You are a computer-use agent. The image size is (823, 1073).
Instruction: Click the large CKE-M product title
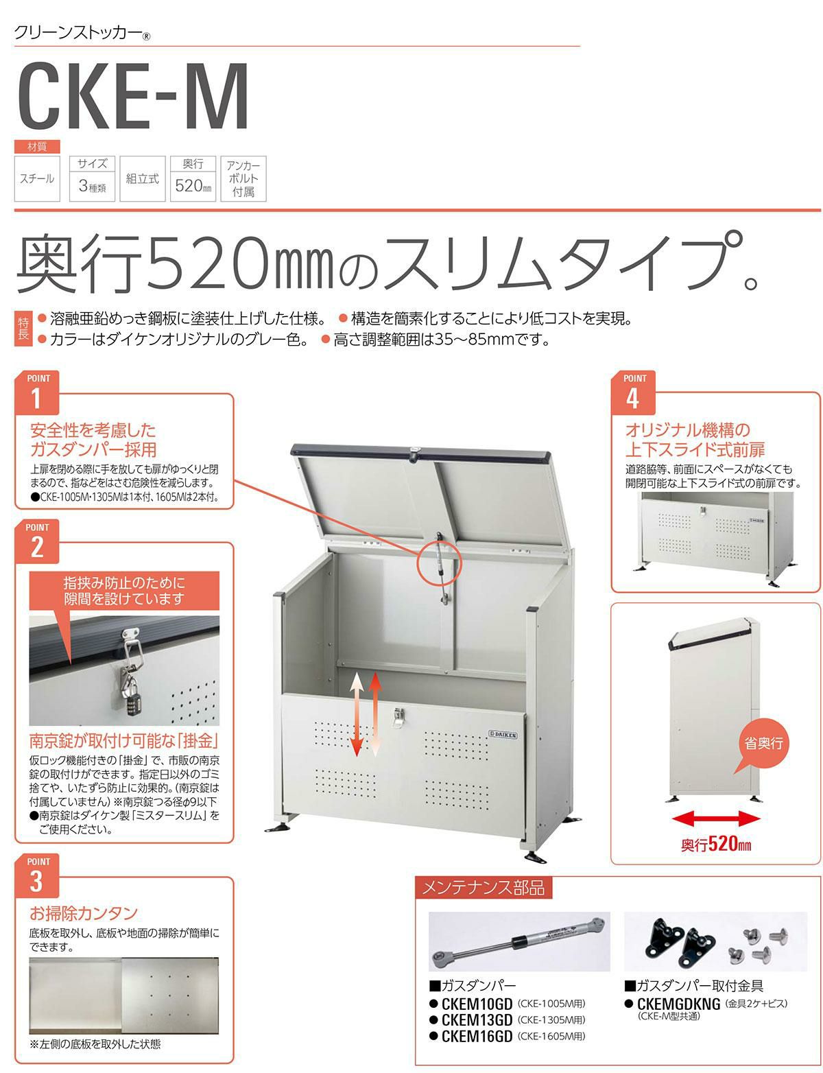click(x=133, y=96)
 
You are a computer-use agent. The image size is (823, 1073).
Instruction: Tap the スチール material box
click(x=37, y=178)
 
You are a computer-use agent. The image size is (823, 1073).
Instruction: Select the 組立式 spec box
click(x=142, y=178)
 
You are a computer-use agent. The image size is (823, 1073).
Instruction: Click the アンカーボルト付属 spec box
click(x=243, y=178)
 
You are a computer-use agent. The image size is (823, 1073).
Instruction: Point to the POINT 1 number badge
click(x=37, y=392)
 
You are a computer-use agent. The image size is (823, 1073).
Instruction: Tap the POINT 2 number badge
click(x=37, y=541)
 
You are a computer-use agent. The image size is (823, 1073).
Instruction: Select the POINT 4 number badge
click(x=633, y=392)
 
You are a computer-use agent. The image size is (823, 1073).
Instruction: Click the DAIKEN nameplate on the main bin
click(x=503, y=734)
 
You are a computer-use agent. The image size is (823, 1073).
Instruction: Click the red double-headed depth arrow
click(x=716, y=820)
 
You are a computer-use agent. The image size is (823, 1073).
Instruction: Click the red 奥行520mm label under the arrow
click(x=716, y=844)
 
